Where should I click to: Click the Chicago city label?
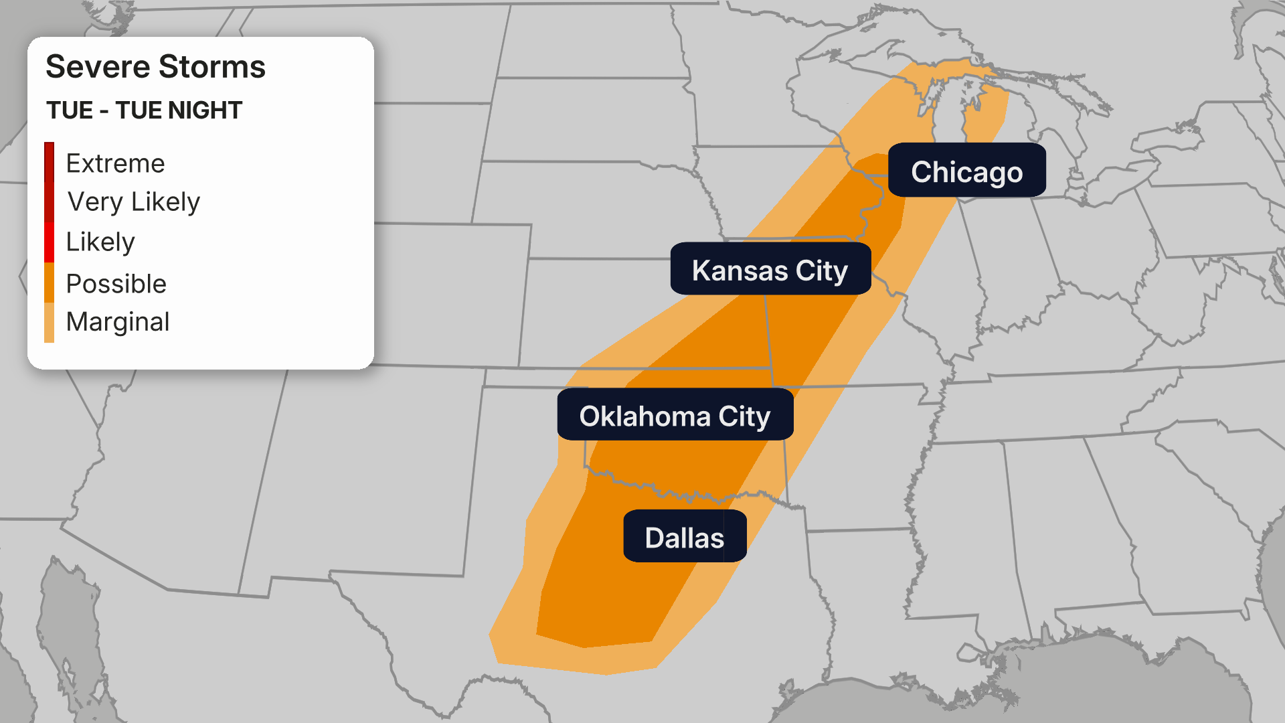point(966,171)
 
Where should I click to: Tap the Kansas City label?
point(770,270)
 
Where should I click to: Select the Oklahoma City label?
point(675,416)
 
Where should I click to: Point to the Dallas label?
point(684,537)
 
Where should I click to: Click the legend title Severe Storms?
point(155,67)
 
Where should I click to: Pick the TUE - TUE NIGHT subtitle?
point(144,110)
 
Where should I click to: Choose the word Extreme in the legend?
point(115,163)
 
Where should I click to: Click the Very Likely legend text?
point(134,202)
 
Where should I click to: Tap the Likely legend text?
point(100,242)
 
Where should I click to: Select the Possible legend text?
point(116,283)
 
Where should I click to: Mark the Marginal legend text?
point(118,322)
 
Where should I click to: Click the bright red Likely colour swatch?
point(50,242)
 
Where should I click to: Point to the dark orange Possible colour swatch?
point(50,283)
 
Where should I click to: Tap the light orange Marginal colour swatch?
point(50,323)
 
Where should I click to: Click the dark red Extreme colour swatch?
point(50,162)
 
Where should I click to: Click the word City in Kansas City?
point(821,270)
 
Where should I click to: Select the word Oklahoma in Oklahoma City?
point(645,416)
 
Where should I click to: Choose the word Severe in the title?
point(98,67)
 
